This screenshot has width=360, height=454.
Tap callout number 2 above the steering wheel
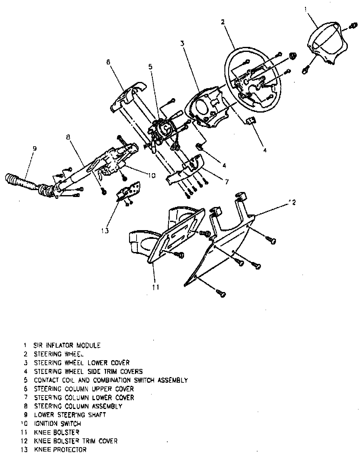pyautogui.click(x=222, y=22)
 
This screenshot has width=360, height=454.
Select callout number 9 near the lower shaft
pyautogui.click(x=34, y=149)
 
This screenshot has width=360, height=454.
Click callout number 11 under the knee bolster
pyautogui.click(x=155, y=287)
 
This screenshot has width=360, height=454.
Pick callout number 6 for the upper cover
pyautogui.click(x=108, y=62)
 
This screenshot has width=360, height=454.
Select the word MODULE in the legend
pyautogui.click(x=89, y=346)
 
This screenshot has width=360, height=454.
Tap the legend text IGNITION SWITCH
pyautogui.click(x=57, y=424)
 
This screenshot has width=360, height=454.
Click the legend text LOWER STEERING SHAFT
pyautogui.click(x=70, y=415)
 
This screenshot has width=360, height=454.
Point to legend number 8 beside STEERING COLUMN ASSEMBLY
pyautogui.click(x=27, y=406)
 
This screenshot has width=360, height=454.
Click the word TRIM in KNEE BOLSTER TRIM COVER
pyautogui.click(x=89, y=441)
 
